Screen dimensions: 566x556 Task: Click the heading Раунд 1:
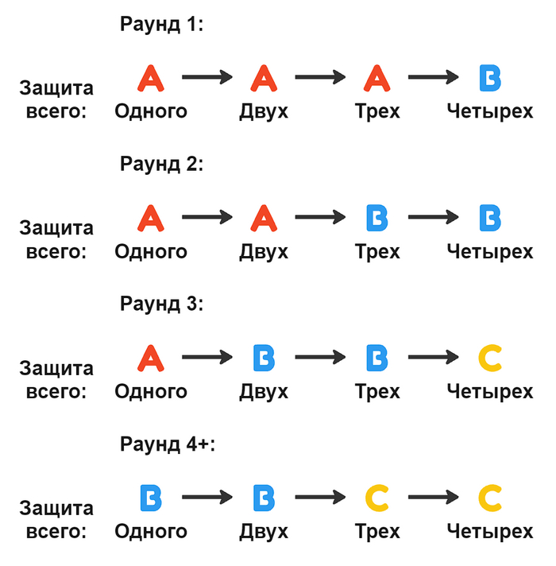click(162, 25)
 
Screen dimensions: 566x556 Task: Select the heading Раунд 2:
click(162, 165)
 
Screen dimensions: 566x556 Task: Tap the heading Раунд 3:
click(162, 304)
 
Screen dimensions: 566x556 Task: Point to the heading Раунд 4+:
click(167, 444)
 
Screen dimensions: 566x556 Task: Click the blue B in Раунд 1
click(491, 78)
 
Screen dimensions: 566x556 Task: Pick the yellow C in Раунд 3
click(491, 359)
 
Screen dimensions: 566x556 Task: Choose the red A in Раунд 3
click(151, 359)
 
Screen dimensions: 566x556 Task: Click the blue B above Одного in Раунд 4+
click(151, 498)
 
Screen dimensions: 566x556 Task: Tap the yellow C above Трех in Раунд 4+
click(377, 498)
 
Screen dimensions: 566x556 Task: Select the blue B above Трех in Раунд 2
click(377, 218)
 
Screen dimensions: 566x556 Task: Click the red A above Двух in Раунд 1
click(264, 78)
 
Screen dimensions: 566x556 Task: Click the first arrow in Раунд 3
click(207, 359)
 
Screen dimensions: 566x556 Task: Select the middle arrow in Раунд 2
click(321, 218)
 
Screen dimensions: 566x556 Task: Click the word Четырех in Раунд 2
click(490, 252)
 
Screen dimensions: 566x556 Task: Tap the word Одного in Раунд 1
click(151, 111)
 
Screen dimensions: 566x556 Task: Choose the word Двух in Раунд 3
click(264, 392)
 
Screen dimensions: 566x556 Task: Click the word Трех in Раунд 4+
click(377, 532)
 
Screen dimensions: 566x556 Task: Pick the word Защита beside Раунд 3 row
click(56, 368)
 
